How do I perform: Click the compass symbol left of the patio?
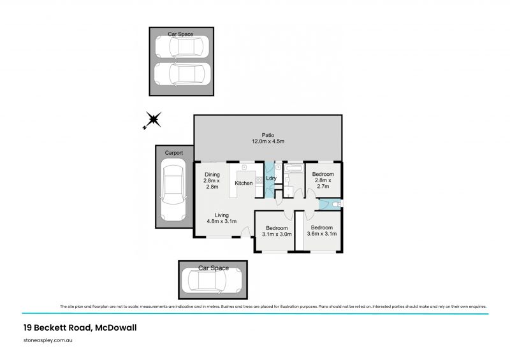(x=153, y=119)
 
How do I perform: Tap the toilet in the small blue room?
(x=336, y=205)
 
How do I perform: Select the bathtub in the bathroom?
(x=295, y=169)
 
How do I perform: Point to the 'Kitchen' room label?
(x=244, y=184)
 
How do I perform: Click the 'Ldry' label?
(x=270, y=178)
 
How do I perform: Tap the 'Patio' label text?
(x=268, y=135)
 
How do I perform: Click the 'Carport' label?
(x=174, y=154)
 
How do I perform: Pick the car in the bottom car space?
(x=212, y=280)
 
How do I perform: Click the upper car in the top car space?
(x=181, y=47)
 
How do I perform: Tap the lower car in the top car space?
(x=180, y=74)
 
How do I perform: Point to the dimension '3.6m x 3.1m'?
(x=322, y=234)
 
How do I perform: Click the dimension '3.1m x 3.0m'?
(x=277, y=234)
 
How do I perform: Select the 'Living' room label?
(x=221, y=215)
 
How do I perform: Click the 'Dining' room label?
(x=212, y=175)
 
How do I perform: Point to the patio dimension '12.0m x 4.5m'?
(x=268, y=142)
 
